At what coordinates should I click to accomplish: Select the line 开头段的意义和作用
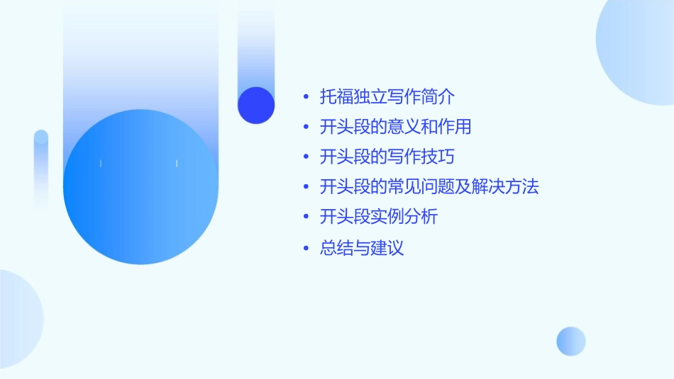pos(396,128)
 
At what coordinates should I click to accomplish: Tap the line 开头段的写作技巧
pos(387,157)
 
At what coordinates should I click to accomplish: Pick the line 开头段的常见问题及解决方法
pos(429,187)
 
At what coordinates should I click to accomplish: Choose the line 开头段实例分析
pos(379,217)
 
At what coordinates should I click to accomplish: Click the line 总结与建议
pos(362,249)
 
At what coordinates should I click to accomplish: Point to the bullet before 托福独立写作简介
pos(305,97)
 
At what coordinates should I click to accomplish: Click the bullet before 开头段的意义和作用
pos(305,128)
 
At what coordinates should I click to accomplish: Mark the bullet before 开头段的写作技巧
pos(305,157)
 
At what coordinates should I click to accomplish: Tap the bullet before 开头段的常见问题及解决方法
pos(305,188)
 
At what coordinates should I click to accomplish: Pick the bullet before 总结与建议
pos(305,249)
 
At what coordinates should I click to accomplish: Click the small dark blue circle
pos(256,105)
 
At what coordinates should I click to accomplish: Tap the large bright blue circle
pos(140,187)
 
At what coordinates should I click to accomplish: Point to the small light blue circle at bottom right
pos(571,341)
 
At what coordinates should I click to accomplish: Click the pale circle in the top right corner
pos(639,50)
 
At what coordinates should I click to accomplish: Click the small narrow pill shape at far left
pos(41,170)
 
